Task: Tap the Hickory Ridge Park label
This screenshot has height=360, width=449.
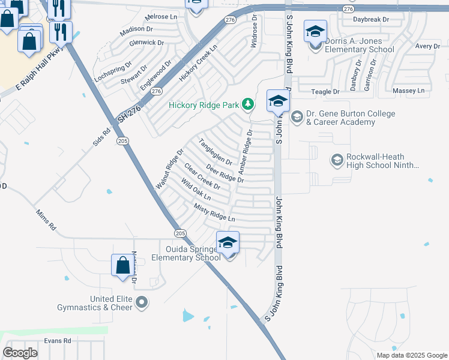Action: [x=204, y=105]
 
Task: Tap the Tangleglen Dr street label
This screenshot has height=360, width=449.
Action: [x=215, y=152]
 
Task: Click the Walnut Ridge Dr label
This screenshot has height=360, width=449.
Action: [x=169, y=169]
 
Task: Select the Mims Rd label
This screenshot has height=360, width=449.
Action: [x=46, y=220]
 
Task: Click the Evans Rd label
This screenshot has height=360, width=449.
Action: [x=58, y=340]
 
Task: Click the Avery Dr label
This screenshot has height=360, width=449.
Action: [x=428, y=46]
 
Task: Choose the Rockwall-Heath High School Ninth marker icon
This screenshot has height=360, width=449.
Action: [x=337, y=160]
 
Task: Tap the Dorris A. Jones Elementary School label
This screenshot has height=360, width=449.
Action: [x=361, y=45]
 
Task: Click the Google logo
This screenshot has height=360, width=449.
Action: [x=20, y=353]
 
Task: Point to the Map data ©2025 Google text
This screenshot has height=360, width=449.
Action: [x=412, y=355]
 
